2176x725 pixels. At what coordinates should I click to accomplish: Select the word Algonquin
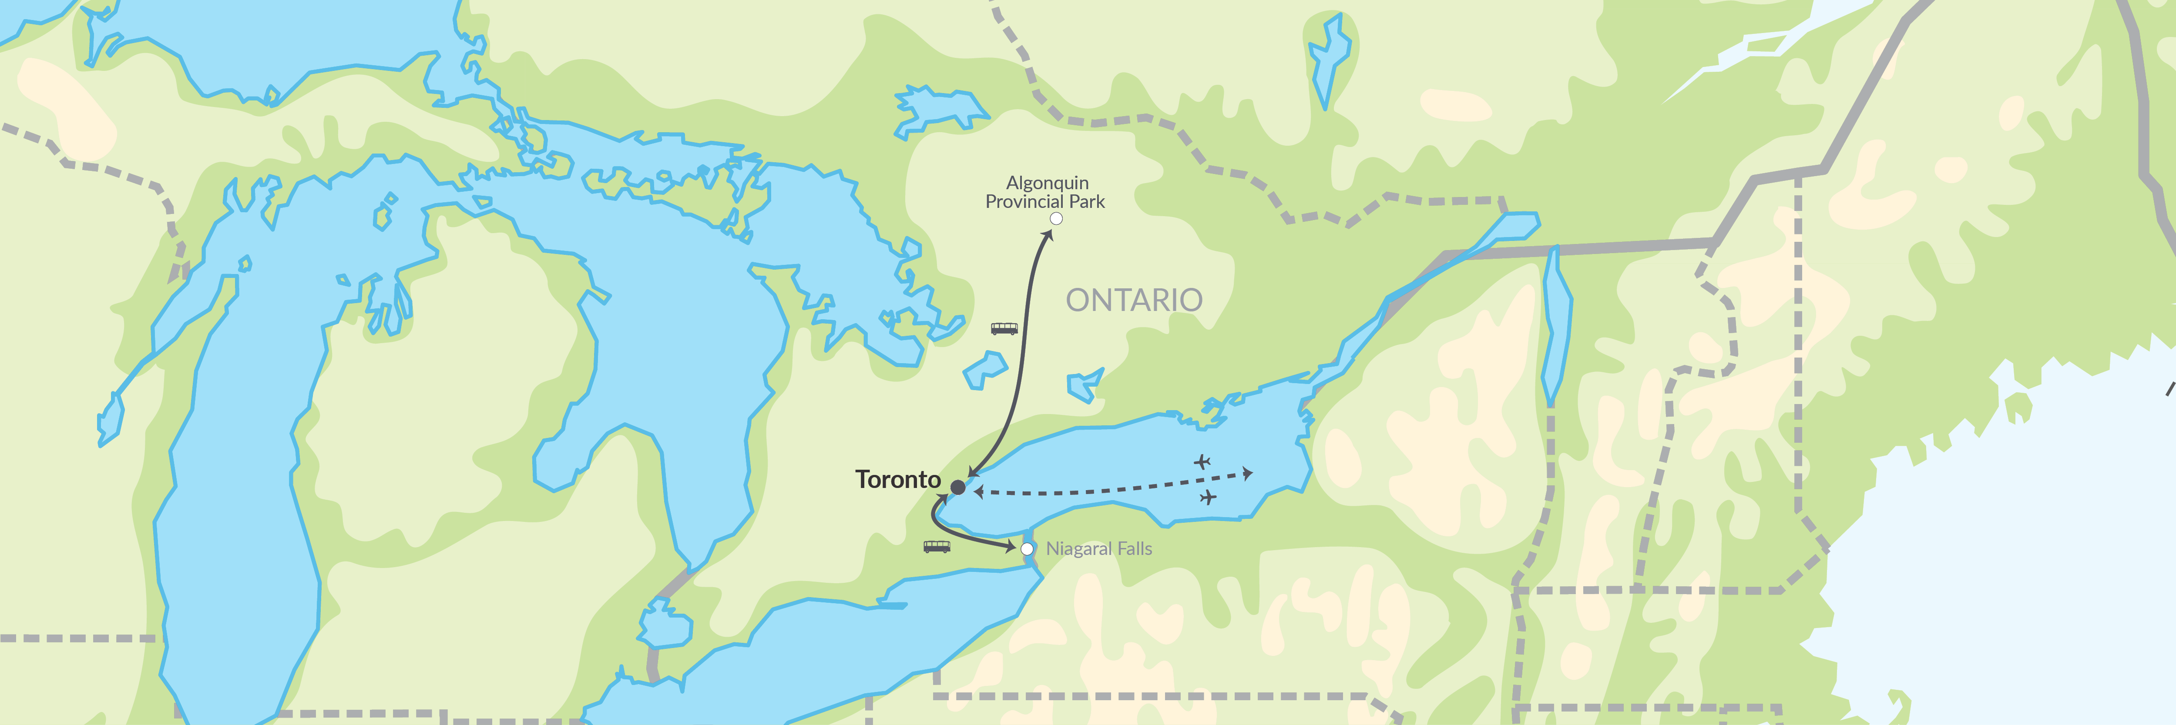click(1048, 182)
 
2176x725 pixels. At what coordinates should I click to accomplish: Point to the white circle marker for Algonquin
click(1056, 219)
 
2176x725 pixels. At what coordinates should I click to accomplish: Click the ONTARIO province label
click(1134, 300)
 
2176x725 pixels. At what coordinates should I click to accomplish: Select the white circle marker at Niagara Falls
click(1027, 548)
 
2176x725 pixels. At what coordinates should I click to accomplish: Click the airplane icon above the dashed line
click(1202, 462)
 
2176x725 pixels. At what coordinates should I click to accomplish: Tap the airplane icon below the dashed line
click(1208, 497)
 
